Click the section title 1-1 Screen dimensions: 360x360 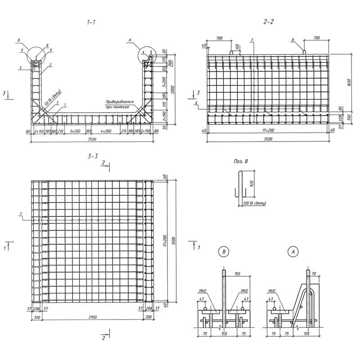[91, 22]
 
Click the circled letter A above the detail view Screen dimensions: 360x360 [293, 252]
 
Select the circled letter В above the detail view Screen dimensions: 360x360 [223, 252]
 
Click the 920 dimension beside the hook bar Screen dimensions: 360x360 [252, 184]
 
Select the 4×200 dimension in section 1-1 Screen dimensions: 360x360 [106, 131]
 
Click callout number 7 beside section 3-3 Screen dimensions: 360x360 [21, 213]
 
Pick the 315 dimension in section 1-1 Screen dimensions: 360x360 [165, 104]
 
